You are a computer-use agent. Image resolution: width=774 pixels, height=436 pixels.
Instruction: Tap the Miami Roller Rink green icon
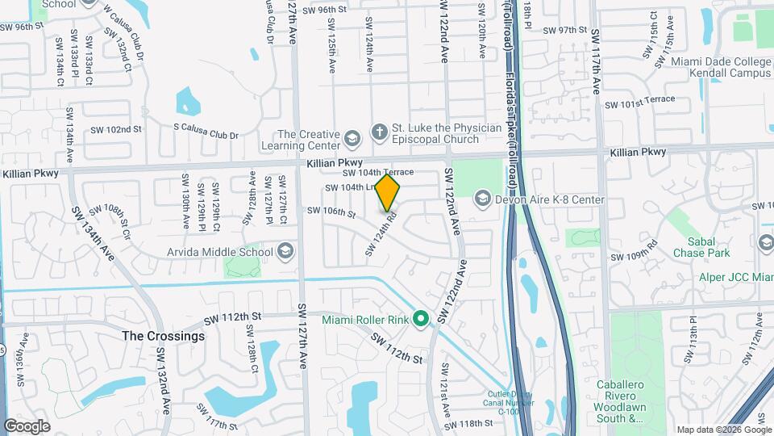coord(420,320)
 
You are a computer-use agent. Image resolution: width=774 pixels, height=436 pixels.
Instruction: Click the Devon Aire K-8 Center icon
coord(482,199)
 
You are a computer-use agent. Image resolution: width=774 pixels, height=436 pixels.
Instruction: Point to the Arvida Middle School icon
coord(284,252)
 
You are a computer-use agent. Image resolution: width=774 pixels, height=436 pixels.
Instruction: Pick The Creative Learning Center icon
coord(352,140)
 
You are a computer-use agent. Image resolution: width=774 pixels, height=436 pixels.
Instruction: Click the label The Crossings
coord(164,335)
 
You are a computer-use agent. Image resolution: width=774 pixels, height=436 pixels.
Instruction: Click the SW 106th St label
coord(331,212)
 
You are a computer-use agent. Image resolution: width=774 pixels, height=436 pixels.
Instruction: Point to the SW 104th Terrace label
coord(378,173)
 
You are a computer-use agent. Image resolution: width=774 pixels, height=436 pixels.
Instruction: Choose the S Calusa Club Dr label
coord(206,135)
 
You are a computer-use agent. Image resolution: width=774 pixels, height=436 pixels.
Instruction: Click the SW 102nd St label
coord(115,129)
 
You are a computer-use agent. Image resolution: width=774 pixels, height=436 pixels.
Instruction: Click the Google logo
coord(27,426)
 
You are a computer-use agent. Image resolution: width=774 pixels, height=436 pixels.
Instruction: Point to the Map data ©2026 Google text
coord(723,430)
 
